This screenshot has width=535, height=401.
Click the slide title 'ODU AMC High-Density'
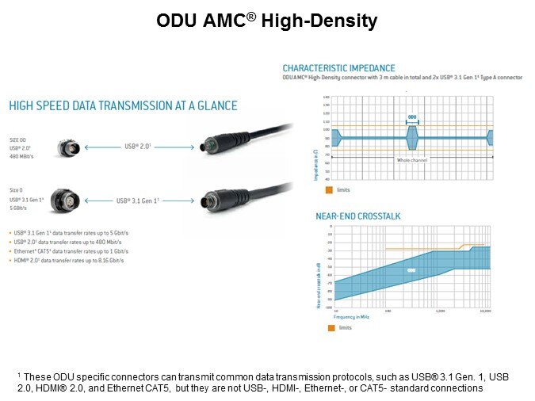[x=266, y=22]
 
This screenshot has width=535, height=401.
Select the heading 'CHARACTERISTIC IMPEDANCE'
[x=338, y=68]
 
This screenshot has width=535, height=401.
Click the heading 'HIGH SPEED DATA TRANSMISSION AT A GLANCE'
[x=123, y=105]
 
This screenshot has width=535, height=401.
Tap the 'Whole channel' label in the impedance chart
[x=412, y=159]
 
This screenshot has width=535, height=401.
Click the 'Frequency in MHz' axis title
[x=351, y=316]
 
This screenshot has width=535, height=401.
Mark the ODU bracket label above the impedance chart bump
[x=412, y=116]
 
